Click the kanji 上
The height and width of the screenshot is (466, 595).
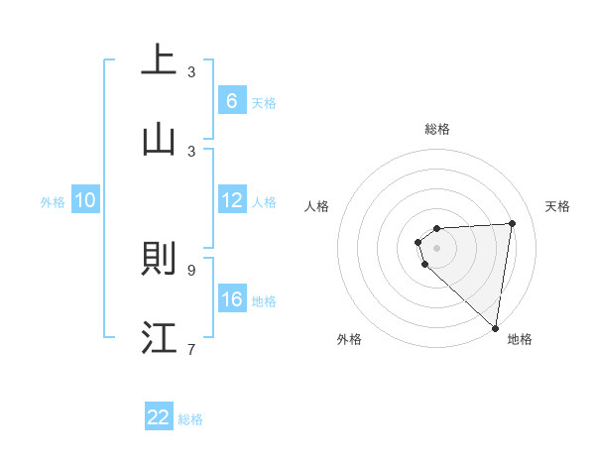(x=160, y=59)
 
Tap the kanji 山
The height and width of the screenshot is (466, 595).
(x=160, y=140)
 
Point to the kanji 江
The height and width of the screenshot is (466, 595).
(x=160, y=338)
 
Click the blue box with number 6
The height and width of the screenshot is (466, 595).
(x=231, y=100)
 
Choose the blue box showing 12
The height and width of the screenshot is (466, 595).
(x=231, y=200)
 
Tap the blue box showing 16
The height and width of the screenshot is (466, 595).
(x=231, y=299)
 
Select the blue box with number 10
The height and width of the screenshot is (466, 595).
(x=85, y=200)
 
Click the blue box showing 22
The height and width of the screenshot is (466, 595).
(x=159, y=417)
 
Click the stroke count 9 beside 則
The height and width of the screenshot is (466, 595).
(x=191, y=270)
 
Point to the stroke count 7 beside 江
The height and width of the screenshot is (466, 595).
(x=191, y=349)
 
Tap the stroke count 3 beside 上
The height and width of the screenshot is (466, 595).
(x=191, y=71)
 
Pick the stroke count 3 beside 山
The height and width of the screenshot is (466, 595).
(x=191, y=151)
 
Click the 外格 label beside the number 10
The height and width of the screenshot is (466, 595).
(x=53, y=201)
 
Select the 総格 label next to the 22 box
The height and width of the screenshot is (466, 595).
(x=190, y=418)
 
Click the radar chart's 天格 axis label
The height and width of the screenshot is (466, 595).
(x=558, y=206)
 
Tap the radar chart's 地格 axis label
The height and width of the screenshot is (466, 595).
(x=520, y=339)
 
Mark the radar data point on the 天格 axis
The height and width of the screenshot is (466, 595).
(x=513, y=224)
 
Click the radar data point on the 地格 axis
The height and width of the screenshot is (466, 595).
(x=495, y=327)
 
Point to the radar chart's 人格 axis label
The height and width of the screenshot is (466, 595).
(x=317, y=206)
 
